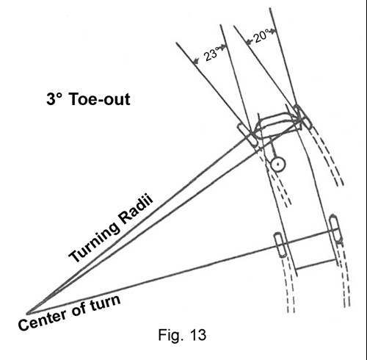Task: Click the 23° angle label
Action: click(x=211, y=54)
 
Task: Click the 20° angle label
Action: click(x=261, y=36)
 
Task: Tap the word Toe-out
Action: click(x=100, y=99)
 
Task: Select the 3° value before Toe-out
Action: click(x=54, y=99)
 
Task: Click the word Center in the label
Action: click(x=42, y=320)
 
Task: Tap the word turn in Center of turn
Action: click(x=105, y=303)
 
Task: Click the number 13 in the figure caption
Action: click(x=197, y=335)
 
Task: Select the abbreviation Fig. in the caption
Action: click(x=170, y=335)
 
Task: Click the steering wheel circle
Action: click(x=278, y=165)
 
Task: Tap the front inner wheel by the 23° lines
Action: click(x=247, y=134)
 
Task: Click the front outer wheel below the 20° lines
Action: click(x=303, y=117)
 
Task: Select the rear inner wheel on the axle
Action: click(x=280, y=245)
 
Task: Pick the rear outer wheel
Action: click(x=335, y=228)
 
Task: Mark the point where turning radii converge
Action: click(x=27, y=313)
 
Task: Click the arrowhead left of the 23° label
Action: click(x=196, y=61)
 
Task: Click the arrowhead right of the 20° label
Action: click(x=273, y=31)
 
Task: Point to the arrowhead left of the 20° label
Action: click(x=250, y=42)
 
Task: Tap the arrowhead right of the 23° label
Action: click(x=223, y=46)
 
